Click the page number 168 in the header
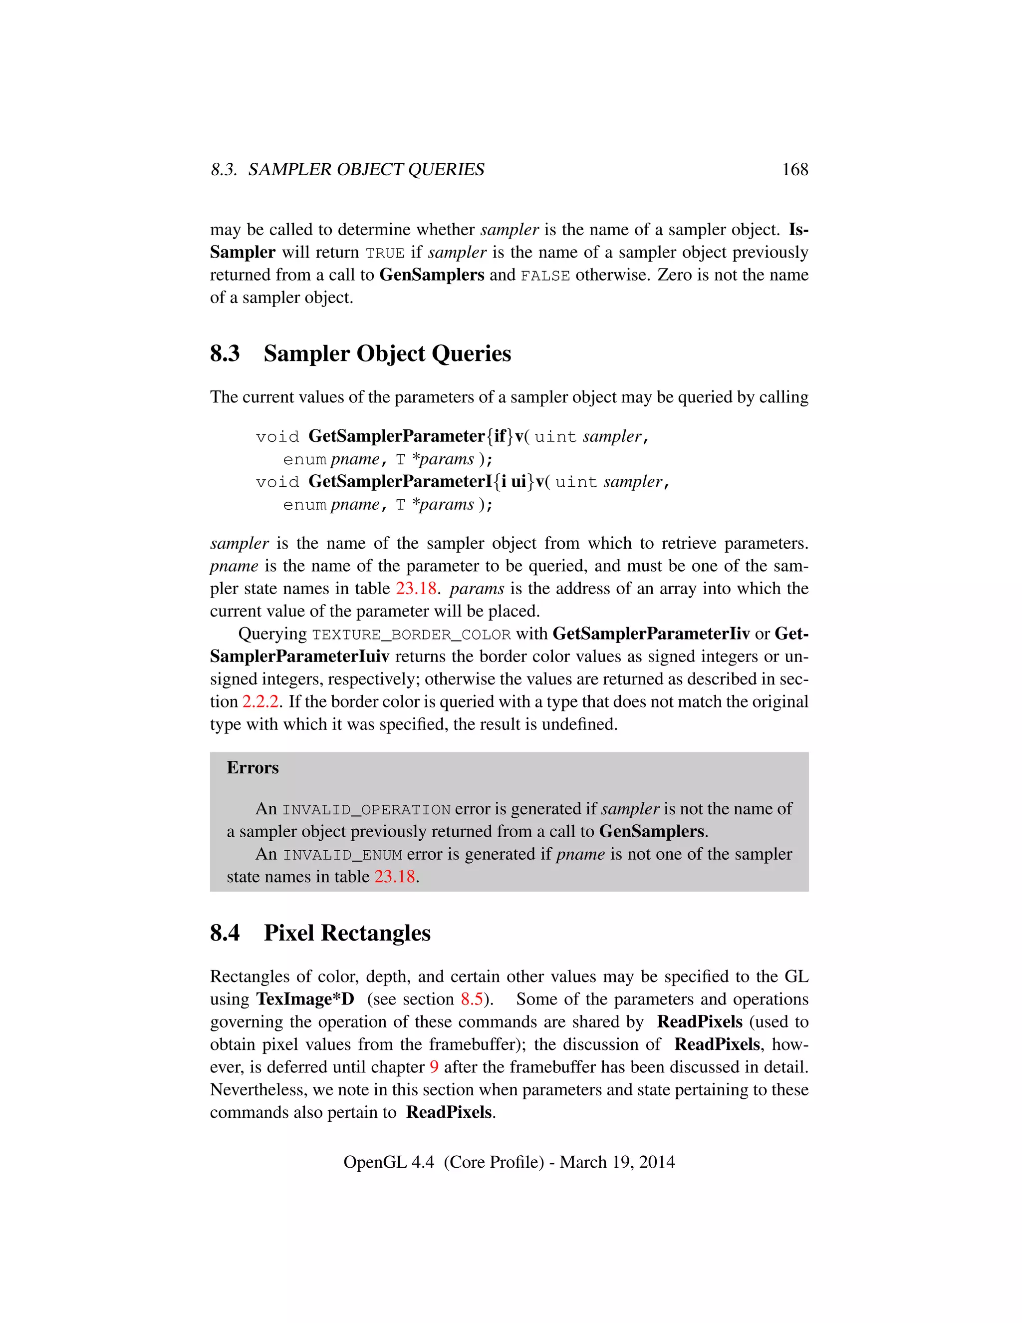794,170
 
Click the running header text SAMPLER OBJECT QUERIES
366,170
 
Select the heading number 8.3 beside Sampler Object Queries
225,354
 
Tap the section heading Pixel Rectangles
347,933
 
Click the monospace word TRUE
385,253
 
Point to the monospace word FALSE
545,276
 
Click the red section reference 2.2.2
260,702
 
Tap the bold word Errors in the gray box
253,768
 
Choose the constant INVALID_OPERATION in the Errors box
366,810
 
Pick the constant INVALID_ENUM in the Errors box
343,855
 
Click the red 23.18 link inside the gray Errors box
394,877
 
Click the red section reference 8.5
472,999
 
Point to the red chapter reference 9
434,1067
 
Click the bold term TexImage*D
305,999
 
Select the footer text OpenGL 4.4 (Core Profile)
443,1162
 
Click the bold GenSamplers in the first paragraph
432,276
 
